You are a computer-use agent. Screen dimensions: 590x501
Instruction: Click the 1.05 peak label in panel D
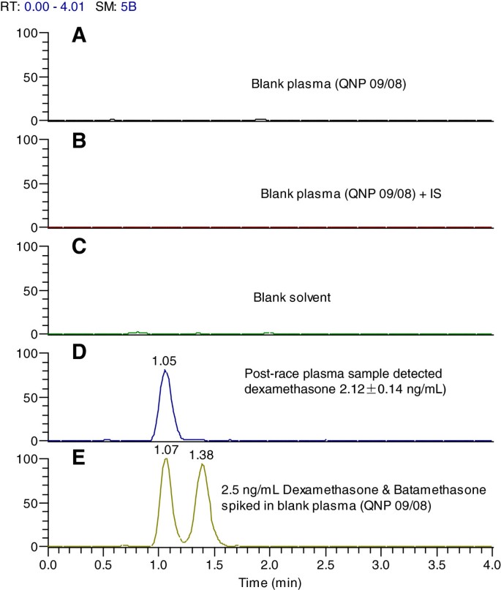tap(165, 360)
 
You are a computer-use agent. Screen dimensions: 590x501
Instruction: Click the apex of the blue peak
tap(165, 370)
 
